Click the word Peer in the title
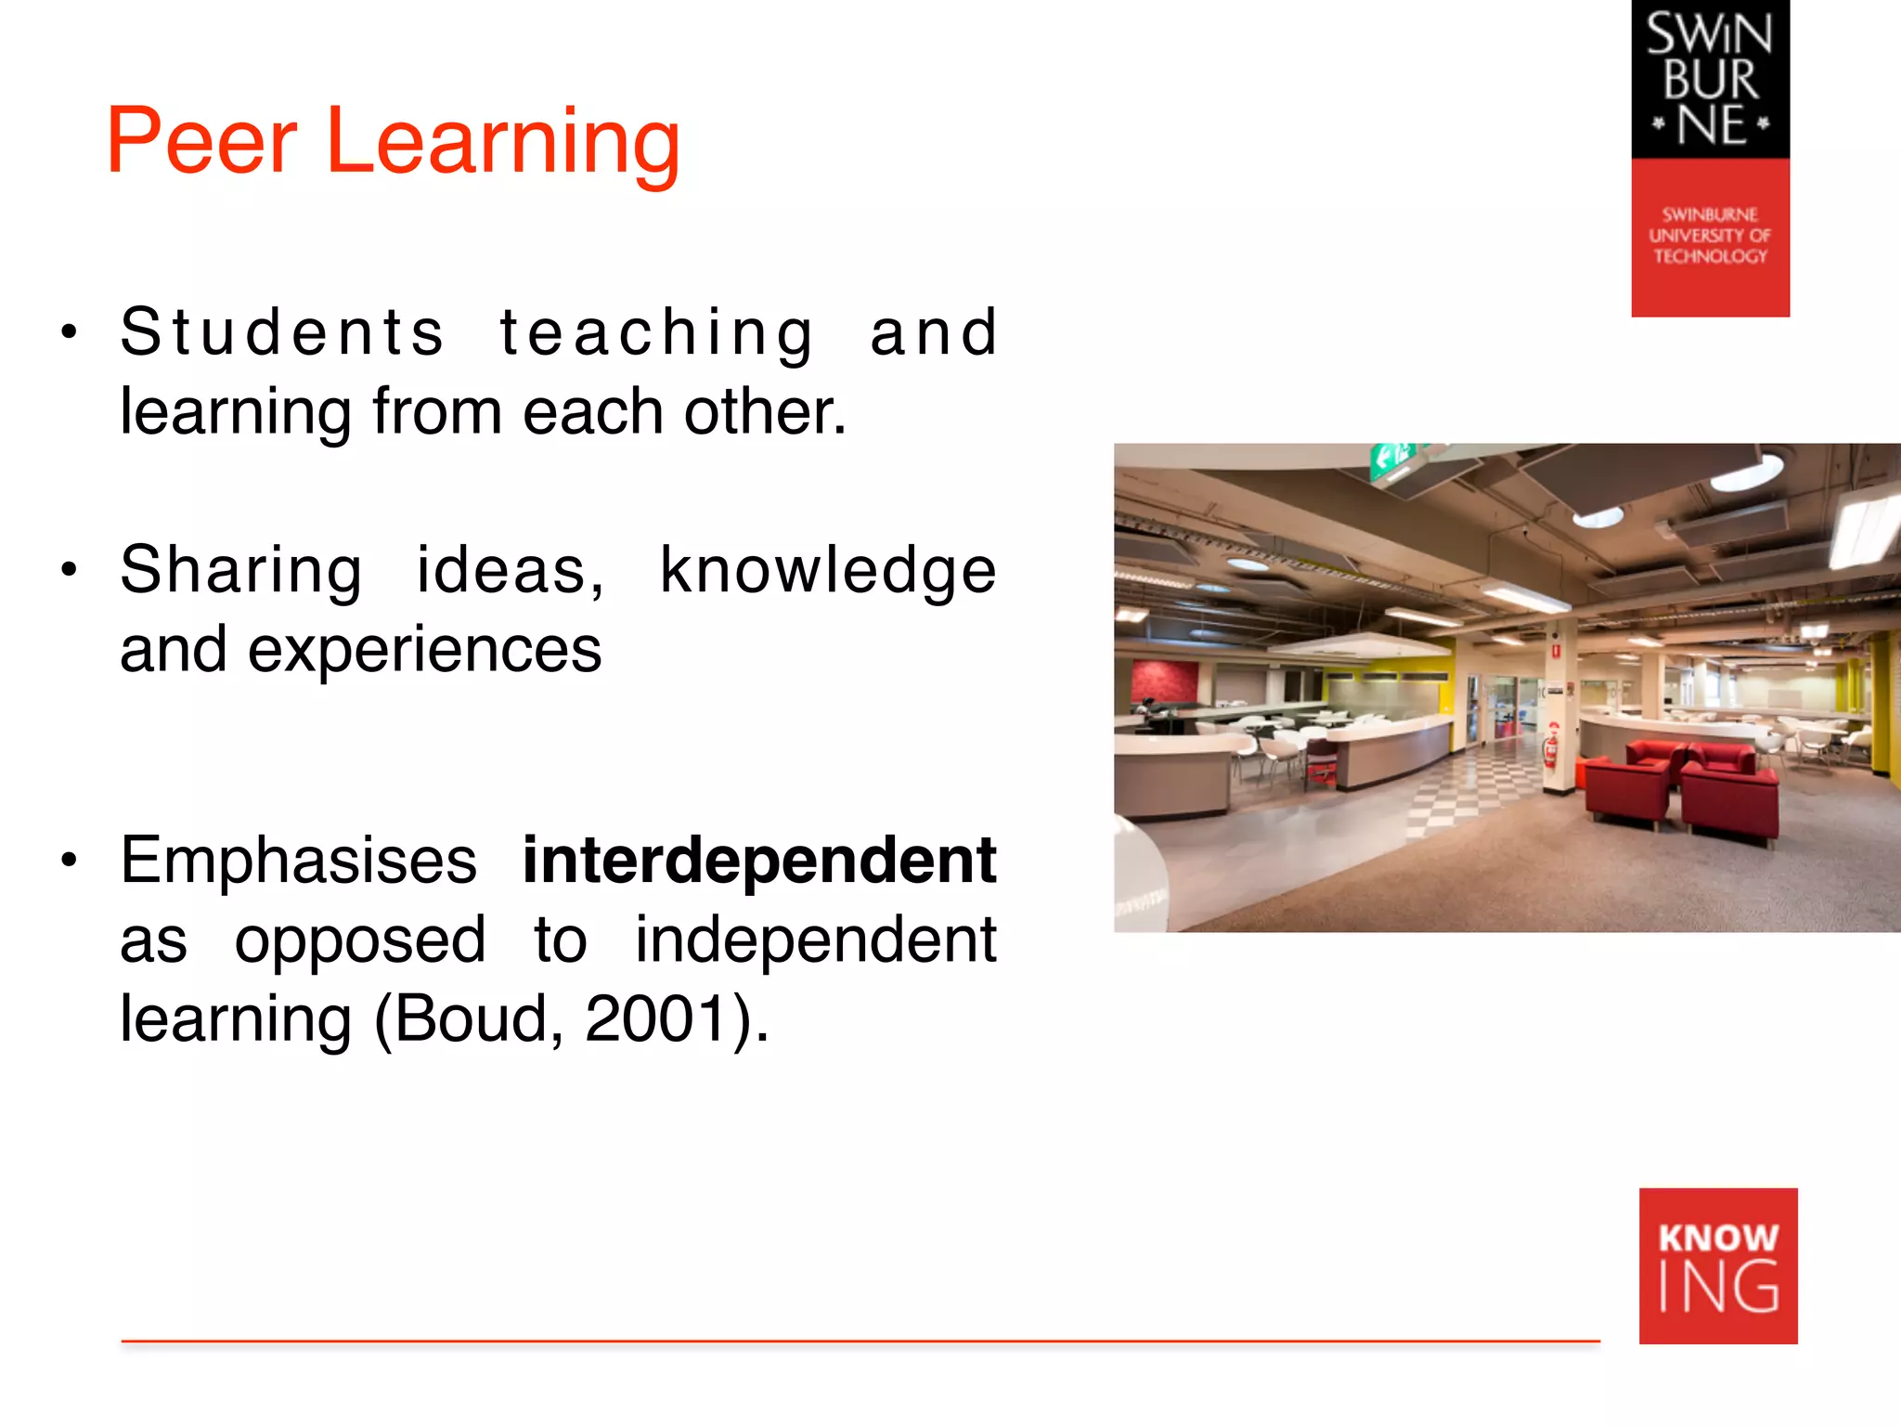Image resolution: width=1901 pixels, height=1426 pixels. point(201,141)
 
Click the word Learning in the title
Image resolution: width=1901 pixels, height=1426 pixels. point(502,141)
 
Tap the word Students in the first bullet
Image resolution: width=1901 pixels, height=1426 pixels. point(282,331)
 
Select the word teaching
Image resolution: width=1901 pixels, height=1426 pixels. point(657,331)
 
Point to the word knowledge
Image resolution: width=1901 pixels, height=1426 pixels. point(828,569)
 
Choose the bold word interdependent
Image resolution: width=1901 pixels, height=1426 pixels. point(758,860)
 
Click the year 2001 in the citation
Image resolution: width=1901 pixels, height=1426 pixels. point(656,1018)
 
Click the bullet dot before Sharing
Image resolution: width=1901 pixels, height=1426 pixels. point(69,569)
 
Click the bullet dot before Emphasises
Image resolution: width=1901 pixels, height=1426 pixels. point(69,860)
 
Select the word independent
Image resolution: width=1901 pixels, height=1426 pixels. point(815,939)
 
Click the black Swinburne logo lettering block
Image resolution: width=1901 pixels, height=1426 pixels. point(1710,79)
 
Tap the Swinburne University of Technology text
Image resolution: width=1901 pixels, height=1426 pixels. point(1710,236)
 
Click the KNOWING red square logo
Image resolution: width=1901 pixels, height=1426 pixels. point(1718,1265)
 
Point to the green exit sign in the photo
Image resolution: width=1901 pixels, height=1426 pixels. point(1391,456)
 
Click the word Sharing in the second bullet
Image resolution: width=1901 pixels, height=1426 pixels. point(241,569)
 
